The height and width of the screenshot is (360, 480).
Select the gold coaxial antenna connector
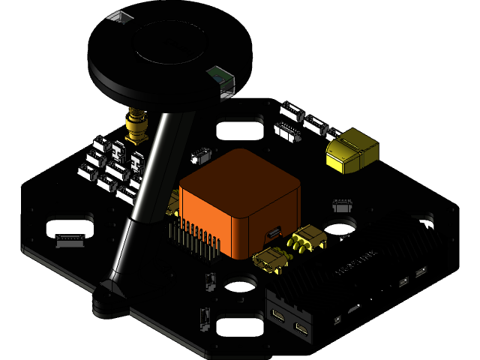136,126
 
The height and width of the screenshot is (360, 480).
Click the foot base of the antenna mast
111,300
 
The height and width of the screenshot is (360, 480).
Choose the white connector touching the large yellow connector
331,133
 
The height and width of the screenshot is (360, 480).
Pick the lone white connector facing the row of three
288,132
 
